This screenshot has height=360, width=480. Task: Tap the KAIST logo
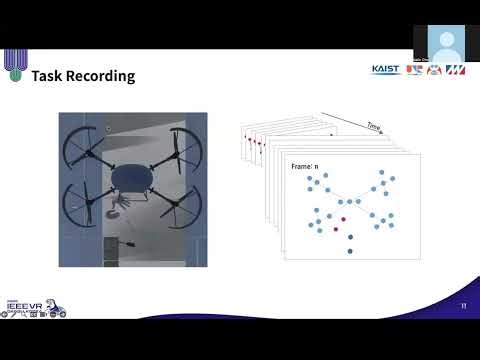(x=386, y=70)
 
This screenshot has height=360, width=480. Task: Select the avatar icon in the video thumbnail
(x=445, y=43)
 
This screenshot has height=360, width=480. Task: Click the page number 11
(x=463, y=305)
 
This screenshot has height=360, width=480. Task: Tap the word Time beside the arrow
(x=374, y=127)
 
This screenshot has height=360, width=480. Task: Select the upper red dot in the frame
(x=343, y=217)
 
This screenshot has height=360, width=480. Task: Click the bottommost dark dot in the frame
(x=350, y=250)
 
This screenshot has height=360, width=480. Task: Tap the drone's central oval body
(x=132, y=177)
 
